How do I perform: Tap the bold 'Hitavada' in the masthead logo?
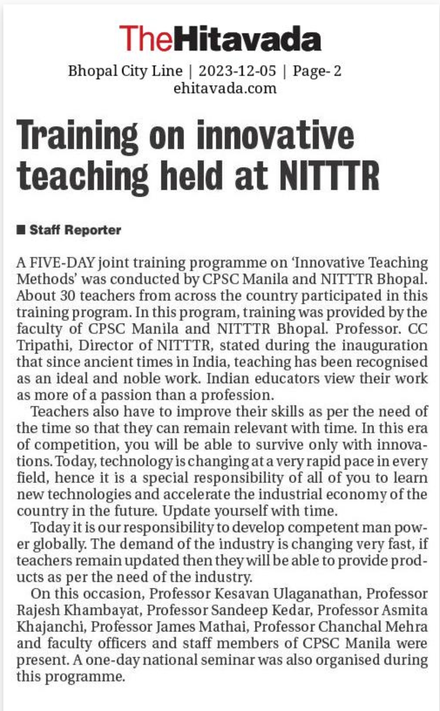[250, 39]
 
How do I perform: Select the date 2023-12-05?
[237, 71]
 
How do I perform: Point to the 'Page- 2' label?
[317, 71]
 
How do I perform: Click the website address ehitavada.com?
[225, 88]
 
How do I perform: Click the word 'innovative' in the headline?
[275, 136]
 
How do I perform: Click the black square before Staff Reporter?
[21, 230]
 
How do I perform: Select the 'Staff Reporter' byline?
[75, 230]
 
